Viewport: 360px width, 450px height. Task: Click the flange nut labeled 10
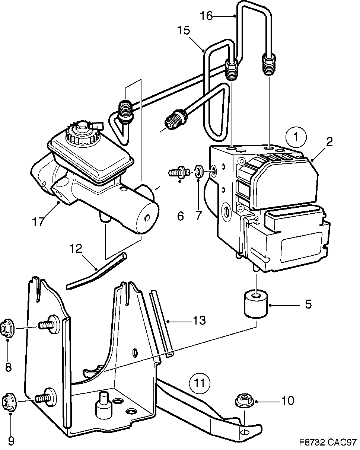244,401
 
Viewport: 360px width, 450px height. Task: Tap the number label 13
199,320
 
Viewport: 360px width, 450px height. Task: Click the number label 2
329,141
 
